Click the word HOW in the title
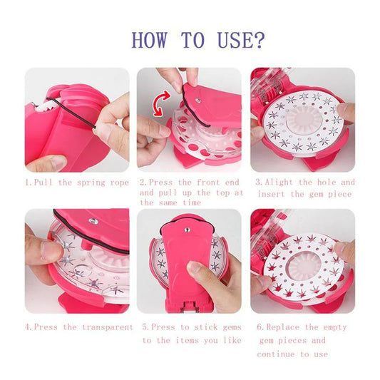coord(149,40)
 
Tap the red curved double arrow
coord(161,103)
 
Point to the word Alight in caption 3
coord(279,183)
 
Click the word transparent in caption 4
coord(108,327)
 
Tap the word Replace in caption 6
coord(283,327)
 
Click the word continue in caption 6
coord(276,354)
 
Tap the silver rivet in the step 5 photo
coord(187,230)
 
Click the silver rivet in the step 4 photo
coord(93,221)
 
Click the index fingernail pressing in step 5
coord(195,267)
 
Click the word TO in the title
coord(192,40)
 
